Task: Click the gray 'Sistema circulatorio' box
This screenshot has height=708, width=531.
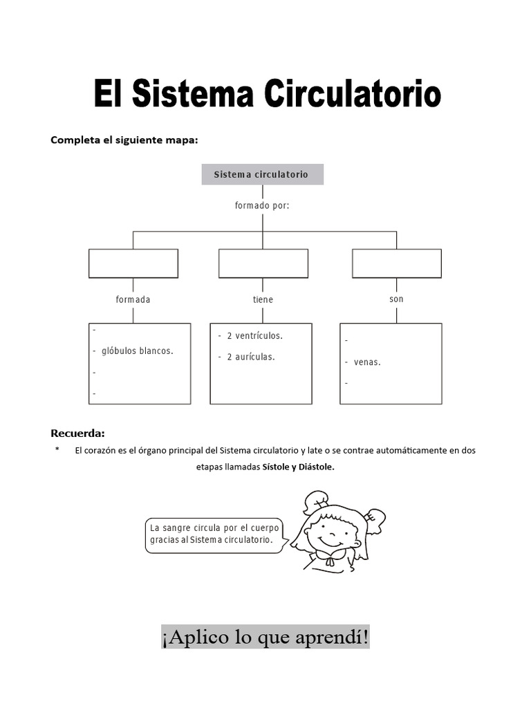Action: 262,174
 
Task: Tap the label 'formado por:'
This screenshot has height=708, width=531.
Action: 262,205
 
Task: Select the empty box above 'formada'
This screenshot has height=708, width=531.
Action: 133,263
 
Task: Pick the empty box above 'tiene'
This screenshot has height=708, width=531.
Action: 263,263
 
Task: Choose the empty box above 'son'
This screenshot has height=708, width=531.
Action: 397,263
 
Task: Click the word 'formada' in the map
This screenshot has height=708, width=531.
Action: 133,299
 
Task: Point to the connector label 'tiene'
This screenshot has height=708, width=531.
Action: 263,299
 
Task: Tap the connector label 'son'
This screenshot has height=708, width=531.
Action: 396,299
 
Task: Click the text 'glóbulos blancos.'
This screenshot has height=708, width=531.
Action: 137,351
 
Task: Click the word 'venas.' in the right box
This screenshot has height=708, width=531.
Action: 367,362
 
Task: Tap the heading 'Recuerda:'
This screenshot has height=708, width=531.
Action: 77,434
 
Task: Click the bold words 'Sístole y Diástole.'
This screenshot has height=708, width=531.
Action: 298,467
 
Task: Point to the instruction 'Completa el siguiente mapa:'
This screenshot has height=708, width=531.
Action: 124,140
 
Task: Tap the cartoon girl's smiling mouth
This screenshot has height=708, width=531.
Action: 330,540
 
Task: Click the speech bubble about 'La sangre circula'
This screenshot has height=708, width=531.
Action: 214,534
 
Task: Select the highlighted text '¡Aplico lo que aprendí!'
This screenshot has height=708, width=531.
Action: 265,637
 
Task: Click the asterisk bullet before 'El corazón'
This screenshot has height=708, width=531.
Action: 57,450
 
